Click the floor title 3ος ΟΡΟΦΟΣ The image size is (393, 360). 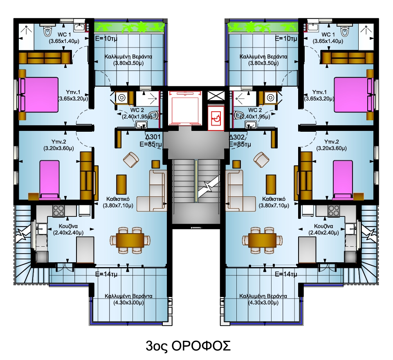188,346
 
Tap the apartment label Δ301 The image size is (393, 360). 153,137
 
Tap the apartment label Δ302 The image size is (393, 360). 237,137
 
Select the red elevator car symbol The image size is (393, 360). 185,108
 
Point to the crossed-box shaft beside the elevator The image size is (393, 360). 216,96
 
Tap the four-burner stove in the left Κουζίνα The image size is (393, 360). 58,211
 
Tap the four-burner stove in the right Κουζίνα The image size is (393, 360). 334,211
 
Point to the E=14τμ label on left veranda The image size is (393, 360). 106,274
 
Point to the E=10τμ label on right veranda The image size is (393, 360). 286,38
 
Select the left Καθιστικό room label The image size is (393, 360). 118,202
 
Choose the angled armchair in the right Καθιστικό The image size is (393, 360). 261,160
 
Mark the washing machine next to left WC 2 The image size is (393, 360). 122,98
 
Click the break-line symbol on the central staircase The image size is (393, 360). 209,186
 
